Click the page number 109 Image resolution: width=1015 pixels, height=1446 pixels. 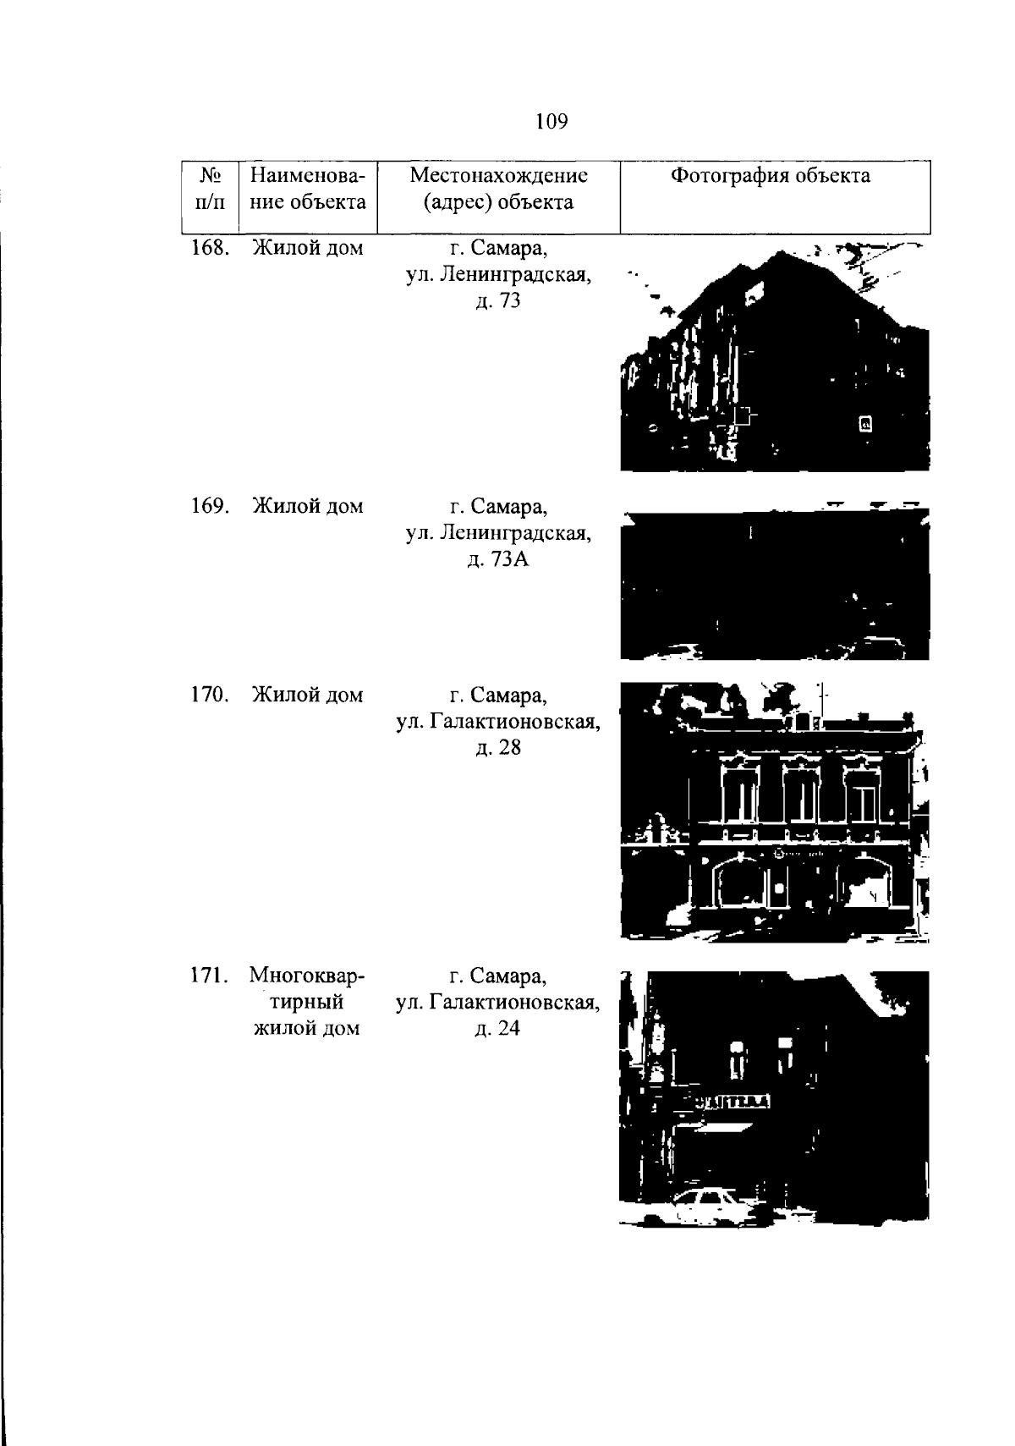pyautogui.click(x=551, y=121)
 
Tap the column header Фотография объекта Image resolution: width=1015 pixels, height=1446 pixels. pyautogui.click(x=770, y=176)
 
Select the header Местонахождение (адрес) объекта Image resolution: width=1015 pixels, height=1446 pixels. pyautogui.click(x=499, y=189)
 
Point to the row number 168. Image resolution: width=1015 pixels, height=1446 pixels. pyautogui.click(x=211, y=247)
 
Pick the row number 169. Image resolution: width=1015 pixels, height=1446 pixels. pyautogui.click(x=211, y=505)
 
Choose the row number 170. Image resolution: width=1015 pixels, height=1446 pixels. pyautogui.click(x=211, y=695)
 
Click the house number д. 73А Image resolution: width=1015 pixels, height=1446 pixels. pyautogui.click(x=498, y=559)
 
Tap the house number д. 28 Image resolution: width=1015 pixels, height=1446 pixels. pyautogui.click(x=498, y=747)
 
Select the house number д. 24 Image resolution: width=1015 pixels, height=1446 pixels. pyautogui.click(x=497, y=1028)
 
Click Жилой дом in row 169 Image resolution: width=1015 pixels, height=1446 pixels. pyautogui.click(x=308, y=506)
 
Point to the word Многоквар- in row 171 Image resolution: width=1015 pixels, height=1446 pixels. pyautogui.click(x=307, y=976)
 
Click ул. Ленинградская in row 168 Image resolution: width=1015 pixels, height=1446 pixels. pyautogui.click(x=499, y=275)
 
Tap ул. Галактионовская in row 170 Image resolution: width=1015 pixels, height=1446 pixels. pyautogui.click(x=498, y=722)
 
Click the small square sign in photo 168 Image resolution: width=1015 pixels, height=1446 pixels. pyautogui.click(x=865, y=424)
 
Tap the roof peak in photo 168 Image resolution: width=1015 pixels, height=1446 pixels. pyautogui.click(x=782, y=252)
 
